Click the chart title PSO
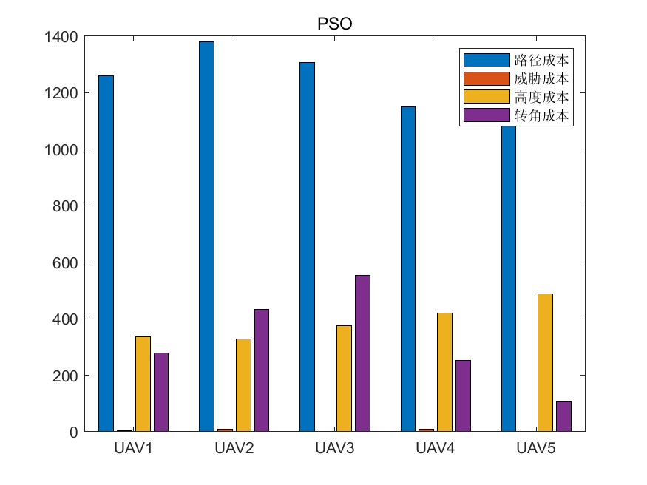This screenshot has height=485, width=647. click(x=334, y=24)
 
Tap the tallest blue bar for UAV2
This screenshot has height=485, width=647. click(x=207, y=237)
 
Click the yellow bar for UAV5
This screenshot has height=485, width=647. click(x=545, y=362)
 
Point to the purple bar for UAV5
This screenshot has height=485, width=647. click(x=563, y=416)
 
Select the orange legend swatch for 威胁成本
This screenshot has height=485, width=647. click(x=486, y=78)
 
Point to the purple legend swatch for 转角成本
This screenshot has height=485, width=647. click(x=486, y=115)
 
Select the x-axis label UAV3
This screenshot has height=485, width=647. click(x=335, y=449)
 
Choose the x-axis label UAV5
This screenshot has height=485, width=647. click(x=536, y=449)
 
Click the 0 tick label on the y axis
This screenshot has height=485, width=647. click(x=73, y=432)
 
